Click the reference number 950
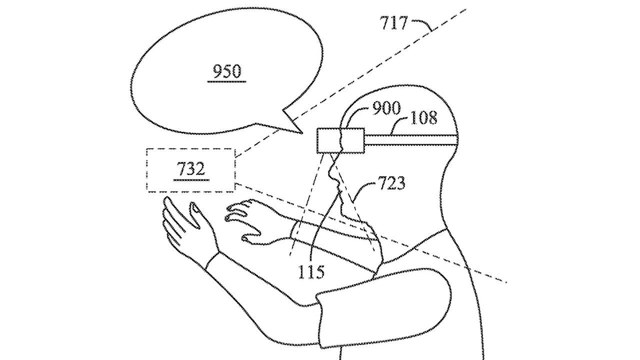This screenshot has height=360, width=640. click(227, 72)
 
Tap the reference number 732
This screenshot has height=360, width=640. click(190, 169)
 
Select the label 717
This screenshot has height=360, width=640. click(394, 22)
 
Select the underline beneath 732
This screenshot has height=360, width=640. click(190, 179)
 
